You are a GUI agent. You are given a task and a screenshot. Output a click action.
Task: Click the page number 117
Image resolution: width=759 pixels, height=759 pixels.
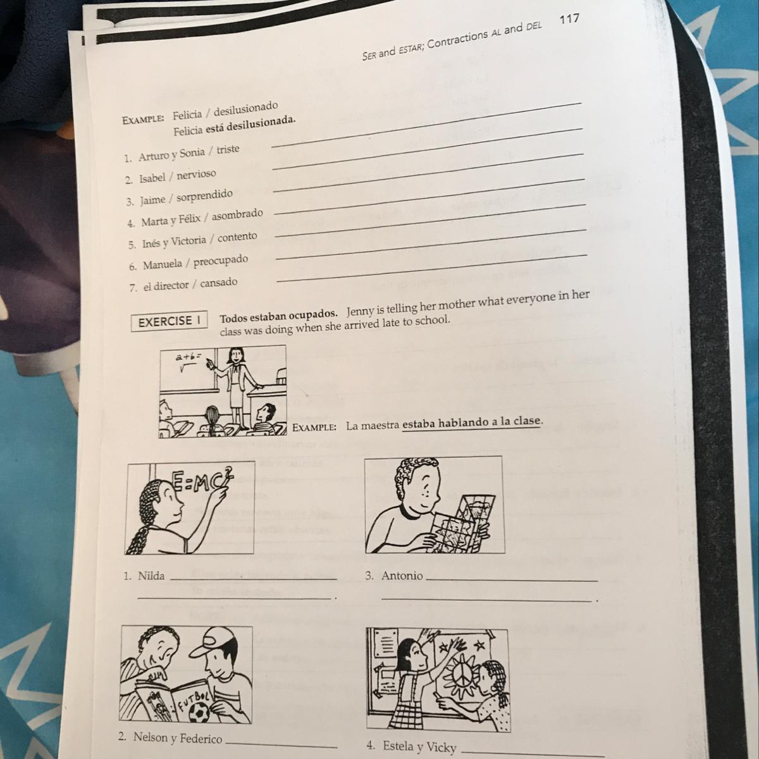click(x=569, y=18)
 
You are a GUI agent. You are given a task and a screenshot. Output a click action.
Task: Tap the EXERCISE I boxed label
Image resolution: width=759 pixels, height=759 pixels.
click(x=170, y=321)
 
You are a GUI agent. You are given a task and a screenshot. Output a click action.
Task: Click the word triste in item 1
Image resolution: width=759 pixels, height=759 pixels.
click(x=228, y=149)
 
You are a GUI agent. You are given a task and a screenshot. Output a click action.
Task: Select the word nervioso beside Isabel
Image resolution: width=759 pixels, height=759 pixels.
click(x=197, y=174)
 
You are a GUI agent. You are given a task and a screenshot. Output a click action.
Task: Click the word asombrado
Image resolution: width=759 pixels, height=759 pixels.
click(x=238, y=215)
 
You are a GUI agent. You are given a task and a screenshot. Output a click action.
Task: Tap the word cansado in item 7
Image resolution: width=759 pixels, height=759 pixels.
click(x=219, y=283)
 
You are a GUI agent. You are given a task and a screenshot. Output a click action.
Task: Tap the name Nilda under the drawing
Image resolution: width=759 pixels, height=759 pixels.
click(x=151, y=576)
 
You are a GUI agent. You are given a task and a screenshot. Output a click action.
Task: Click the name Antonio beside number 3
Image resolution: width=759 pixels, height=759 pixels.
click(x=402, y=576)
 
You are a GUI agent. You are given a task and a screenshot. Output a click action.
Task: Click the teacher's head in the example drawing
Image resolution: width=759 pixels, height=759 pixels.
click(x=235, y=356)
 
